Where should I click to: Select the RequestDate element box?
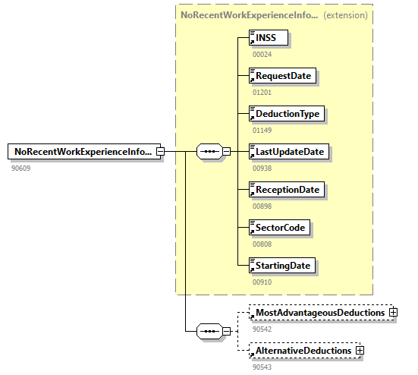283,76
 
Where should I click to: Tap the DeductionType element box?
288,114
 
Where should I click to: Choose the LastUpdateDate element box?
289,152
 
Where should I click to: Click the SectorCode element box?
281,227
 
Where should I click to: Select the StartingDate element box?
283,265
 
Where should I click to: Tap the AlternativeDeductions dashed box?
303,351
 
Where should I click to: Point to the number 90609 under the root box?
21,168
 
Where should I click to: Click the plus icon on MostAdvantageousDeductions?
393,313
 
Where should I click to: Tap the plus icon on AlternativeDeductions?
360,351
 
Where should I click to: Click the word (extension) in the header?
345,14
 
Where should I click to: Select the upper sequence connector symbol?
209,152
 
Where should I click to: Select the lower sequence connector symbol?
209,332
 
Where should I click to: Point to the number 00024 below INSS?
262,54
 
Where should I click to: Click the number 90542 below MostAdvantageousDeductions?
262,329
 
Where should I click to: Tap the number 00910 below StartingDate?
262,282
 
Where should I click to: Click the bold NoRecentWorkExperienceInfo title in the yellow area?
249,14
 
